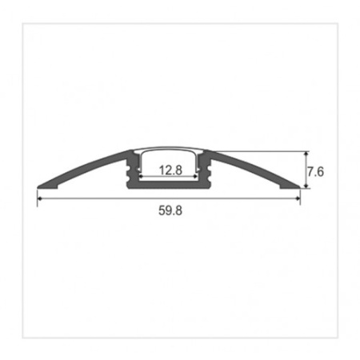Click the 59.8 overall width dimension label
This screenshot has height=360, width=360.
coord(170,210)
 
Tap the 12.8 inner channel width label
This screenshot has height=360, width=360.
coord(170,170)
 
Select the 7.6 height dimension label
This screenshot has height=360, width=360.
coord(315,172)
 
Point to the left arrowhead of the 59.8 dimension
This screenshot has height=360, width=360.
coord(39,198)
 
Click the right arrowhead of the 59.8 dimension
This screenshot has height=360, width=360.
coord(298,198)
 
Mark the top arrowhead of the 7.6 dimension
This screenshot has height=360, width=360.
coord(306,154)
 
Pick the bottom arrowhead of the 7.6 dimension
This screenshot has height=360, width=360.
coord(306,186)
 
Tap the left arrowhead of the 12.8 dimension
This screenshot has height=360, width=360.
coord(141,176)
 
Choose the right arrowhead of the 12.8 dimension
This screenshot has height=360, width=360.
coord(196,176)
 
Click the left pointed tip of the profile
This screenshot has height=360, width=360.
coord(38,187)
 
